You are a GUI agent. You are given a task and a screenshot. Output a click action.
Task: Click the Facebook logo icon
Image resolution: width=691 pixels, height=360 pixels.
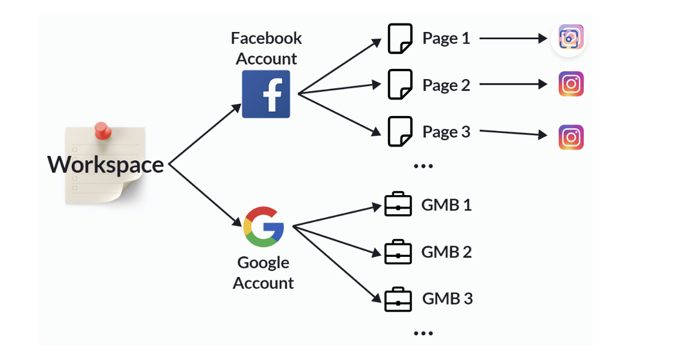click(x=266, y=94)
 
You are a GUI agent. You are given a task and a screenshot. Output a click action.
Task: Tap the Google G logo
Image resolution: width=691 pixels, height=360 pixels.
click(x=264, y=227)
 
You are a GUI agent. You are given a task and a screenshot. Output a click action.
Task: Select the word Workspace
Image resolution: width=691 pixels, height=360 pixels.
click(x=105, y=165)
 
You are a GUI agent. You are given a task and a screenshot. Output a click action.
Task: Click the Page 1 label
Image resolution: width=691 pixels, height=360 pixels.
click(x=446, y=38)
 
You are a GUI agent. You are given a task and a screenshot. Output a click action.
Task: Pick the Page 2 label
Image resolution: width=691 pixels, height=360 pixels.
click(x=446, y=85)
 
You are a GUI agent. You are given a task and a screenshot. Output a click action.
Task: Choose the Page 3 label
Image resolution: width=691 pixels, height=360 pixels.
click(x=446, y=132)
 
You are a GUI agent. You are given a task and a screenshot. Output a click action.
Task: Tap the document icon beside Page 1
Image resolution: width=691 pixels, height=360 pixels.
click(x=400, y=39)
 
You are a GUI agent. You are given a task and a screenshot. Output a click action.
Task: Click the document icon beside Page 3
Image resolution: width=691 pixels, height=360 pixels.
click(x=400, y=132)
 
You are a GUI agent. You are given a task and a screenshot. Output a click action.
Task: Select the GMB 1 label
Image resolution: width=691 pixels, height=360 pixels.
click(x=446, y=205)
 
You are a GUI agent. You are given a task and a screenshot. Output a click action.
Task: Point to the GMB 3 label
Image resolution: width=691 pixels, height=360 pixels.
click(x=447, y=298)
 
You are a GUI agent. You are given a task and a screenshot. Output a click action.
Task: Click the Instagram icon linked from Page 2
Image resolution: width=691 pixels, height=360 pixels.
click(x=571, y=84)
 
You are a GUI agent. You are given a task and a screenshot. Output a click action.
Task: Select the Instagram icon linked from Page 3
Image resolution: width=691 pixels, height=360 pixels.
click(x=571, y=137)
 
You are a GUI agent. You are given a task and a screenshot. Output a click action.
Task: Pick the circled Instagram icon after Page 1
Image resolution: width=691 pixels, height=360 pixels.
click(x=569, y=39)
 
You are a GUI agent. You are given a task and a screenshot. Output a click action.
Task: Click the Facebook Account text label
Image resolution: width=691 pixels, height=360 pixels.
click(x=266, y=48)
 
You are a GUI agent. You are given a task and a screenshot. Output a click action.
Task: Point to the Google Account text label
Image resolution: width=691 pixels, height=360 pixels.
click(x=263, y=273)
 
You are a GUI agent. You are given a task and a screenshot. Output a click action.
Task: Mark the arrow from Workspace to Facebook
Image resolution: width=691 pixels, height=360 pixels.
click(x=205, y=134)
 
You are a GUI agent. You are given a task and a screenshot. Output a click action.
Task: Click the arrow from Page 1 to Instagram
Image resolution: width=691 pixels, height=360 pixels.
click(x=513, y=39)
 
